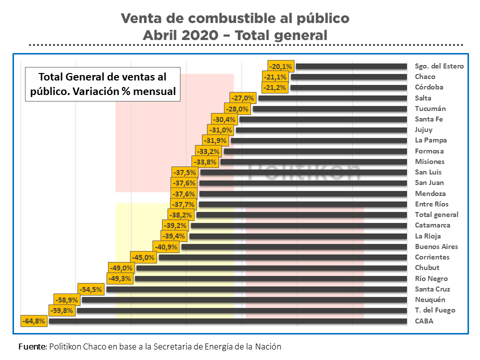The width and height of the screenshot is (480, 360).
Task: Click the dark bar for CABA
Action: [x=227, y=321]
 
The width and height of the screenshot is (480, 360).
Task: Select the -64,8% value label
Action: [x=34, y=321]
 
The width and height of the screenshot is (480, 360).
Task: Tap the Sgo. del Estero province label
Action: [x=439, y=66]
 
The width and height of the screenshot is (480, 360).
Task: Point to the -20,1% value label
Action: [x=280, y=66]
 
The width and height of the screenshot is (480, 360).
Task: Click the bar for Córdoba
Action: [x=348, y=87]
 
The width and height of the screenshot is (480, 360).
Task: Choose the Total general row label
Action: [x=436, y=215]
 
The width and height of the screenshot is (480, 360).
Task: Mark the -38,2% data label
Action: [x=180, y=215]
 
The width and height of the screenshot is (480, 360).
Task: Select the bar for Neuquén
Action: [x=244, y=300]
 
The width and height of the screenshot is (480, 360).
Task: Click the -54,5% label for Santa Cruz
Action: [x=90, y=289]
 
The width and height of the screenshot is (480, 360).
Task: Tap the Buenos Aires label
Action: [x=436, y=246]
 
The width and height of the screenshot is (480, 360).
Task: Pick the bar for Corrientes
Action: [x=282, y=257]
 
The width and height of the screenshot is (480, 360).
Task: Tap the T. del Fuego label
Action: [x=435, y=310]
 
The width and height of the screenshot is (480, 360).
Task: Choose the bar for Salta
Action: [x=332, y=98]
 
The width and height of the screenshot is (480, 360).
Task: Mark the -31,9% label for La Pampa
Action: [x=214, y=140]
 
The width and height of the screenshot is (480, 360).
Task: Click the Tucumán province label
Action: [x=430, y=108]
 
